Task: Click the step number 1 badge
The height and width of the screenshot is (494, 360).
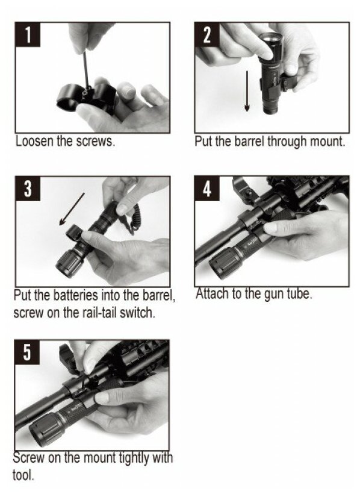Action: tap(28, 35)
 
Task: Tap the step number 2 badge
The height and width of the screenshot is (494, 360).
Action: tap(207, 35)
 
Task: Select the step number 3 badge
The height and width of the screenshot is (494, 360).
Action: tap(28, 189)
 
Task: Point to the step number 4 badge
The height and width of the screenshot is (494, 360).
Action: tap(207, 189)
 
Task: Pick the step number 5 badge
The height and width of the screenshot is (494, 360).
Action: tap(27, 352)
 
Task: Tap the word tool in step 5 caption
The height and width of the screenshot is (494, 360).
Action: tap(23, 475)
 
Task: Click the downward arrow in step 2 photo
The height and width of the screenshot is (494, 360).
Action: tap(247, 91)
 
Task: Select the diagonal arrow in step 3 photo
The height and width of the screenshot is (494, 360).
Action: tap(72, 209)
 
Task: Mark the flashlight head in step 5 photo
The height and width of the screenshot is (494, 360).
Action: tap(46, 429)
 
